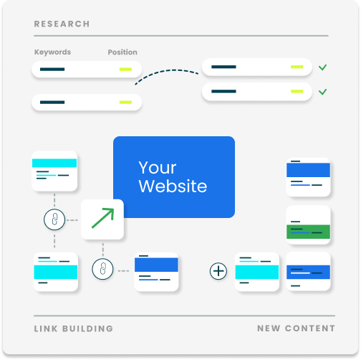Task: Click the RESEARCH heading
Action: (62, 24)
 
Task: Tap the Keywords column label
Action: (52, 52)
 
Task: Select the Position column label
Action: (122, 52)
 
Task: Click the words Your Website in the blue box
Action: (173, 177)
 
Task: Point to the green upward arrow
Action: (103, 218)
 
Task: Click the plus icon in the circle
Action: (218, 271)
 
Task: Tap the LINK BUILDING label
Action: (74, 328)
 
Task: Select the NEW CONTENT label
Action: (296, 328)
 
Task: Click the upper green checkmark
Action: (322, 67)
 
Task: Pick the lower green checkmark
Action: (322, 92)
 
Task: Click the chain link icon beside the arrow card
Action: (54, 219)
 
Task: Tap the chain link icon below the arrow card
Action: (102, 269)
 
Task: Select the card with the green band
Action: (308, 224)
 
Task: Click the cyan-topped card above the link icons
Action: (54, 171)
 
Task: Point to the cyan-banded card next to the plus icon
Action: (257, 272)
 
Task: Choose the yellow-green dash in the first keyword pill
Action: (125, 70)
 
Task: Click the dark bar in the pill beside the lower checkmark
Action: (223, 91)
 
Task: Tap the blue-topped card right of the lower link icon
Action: (156, 272)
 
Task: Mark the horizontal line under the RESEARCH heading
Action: (181, 36)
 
